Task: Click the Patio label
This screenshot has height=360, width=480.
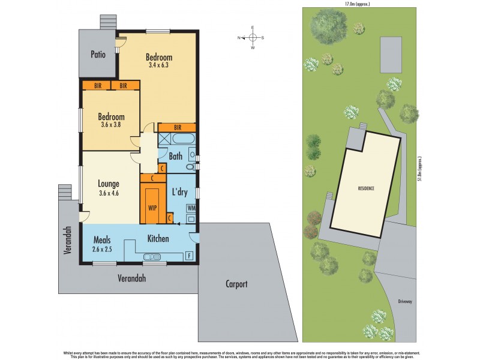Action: click(x=98, y=54)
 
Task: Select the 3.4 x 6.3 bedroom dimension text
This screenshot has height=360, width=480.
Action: click(x=159, y=65)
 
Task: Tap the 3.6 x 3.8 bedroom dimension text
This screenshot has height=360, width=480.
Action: click(x=112, y=125)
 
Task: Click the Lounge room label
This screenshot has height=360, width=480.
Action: click(x=109, y=184)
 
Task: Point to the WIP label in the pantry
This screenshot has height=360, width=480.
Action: click(x=152, y=208)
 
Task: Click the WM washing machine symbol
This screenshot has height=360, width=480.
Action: click(x=191, y=208)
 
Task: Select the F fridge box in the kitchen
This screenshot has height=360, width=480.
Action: click(x=190, y=256)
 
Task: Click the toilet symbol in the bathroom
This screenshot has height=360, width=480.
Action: click(x=190, y=167)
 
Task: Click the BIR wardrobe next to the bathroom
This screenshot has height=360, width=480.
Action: click(x=177, y=127)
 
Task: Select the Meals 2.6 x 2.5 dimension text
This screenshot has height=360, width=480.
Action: click(x=103, y=248)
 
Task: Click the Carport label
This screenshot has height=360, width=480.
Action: click(x=236, y=284)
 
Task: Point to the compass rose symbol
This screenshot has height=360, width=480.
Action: click(x=253, y=37)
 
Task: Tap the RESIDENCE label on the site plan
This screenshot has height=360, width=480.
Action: click(x=366, y=188)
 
